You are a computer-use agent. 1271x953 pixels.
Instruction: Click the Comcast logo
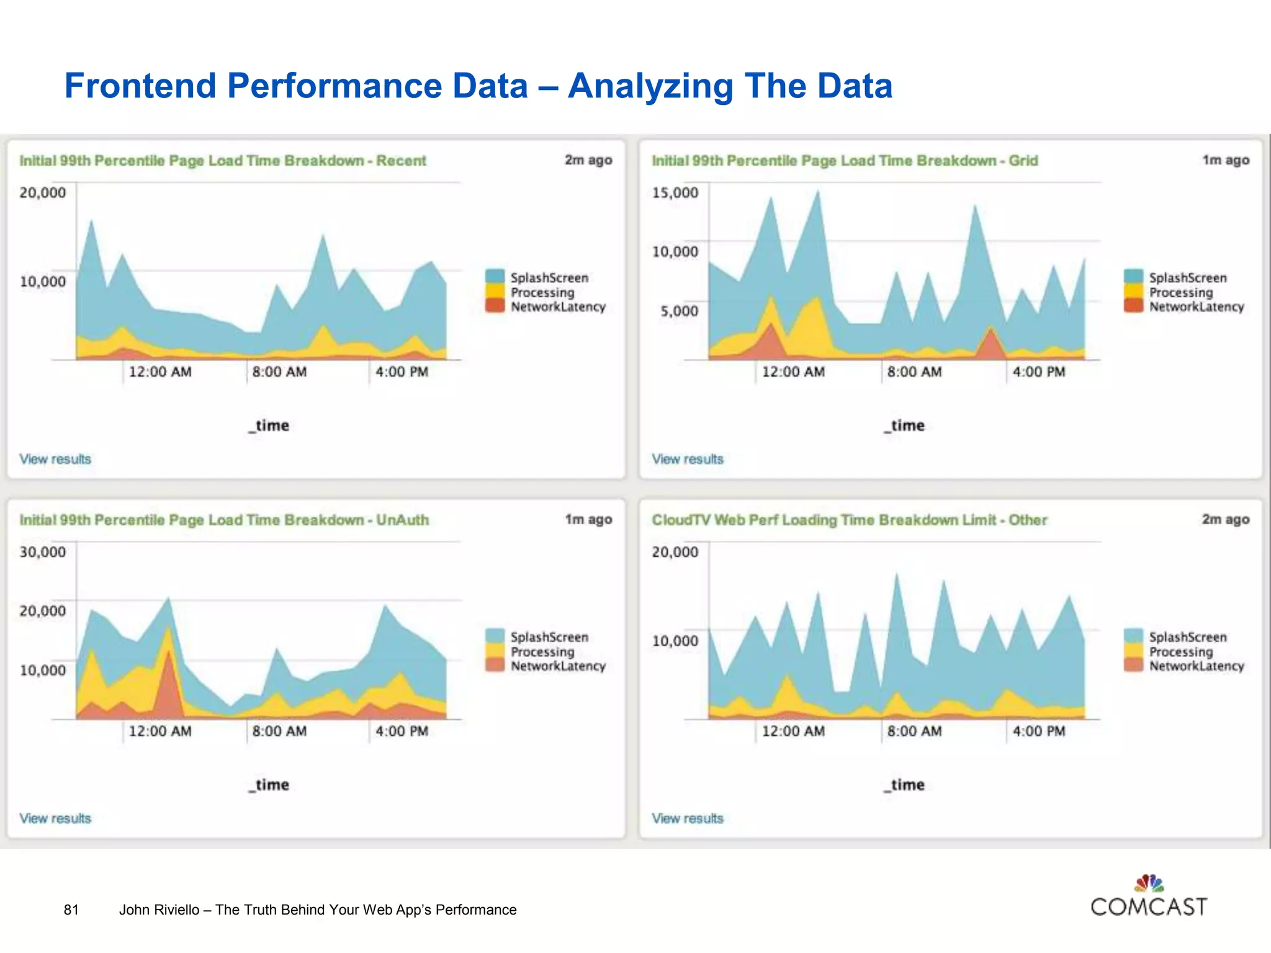[1149, 897]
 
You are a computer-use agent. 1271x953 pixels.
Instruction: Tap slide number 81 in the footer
[71, 910]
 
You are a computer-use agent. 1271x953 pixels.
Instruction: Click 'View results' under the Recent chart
[55, 459]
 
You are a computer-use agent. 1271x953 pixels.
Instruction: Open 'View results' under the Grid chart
[688, 459]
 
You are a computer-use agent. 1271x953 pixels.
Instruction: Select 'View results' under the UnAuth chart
[55, 818]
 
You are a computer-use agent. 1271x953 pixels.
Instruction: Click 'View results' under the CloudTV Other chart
[688, 818]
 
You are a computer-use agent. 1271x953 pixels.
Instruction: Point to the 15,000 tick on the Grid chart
[675, 193]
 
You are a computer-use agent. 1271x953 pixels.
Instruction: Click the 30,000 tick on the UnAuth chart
[42, 552]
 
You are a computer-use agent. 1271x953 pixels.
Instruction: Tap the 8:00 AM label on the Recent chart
[279, 372]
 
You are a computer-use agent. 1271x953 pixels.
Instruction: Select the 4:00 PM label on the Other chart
[1039, 732]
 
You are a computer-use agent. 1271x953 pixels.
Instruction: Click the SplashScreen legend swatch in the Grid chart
[1133, 277]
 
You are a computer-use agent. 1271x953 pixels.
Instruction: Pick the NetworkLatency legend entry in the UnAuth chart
[557, 666]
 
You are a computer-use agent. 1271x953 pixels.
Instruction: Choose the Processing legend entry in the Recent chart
[542, 292]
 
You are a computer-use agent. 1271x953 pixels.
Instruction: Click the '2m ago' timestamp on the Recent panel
[588, 160]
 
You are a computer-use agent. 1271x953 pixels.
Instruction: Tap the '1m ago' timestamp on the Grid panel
[1226, 160]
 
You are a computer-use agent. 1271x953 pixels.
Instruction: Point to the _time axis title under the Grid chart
[905, 426]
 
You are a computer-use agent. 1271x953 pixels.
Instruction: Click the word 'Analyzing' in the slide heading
[650, 86]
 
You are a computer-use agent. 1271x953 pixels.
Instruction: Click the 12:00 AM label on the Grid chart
[793, 372]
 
